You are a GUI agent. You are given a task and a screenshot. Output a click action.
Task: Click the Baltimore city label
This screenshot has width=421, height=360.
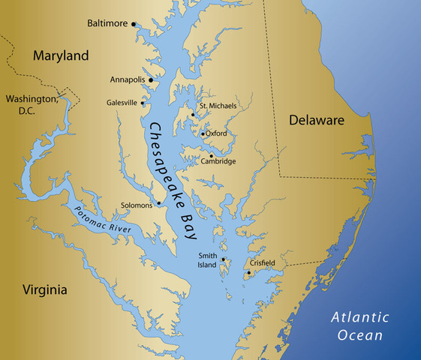(108, 23)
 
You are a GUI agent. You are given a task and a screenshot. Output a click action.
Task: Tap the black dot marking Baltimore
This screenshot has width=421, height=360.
(134, 24)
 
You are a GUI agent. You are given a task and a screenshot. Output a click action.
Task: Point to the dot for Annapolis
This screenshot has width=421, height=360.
(152, 79)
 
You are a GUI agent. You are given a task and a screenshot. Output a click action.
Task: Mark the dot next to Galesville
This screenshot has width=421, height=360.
(143, 103)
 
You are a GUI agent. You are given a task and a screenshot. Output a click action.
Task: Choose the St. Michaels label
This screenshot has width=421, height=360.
(218, 106)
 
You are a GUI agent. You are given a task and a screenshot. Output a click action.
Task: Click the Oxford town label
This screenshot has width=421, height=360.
(216, 133)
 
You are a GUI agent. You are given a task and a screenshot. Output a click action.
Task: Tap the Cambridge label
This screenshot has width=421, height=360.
(218, 161)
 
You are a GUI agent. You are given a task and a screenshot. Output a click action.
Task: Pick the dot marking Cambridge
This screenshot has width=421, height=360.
(211, 156)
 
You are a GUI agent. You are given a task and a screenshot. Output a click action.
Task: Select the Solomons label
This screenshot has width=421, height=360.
(137, 205)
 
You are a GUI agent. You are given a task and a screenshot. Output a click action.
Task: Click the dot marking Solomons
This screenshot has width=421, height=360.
(158, 203)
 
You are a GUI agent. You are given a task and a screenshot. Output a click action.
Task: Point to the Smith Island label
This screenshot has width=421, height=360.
(208, 260)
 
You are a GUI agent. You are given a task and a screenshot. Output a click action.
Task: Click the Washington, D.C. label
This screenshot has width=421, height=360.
(32, 104)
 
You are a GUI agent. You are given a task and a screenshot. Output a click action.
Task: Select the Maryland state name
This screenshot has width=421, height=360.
(60, 55)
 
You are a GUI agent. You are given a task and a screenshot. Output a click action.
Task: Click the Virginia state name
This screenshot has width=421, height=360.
(44, 290)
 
